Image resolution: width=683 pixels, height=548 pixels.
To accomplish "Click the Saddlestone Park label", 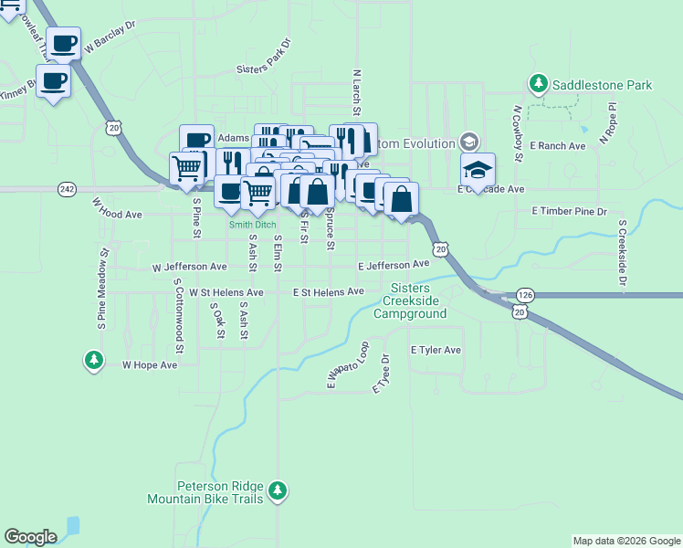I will click(602, 85).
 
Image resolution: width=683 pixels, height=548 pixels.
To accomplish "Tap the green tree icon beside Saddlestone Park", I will click(539, 85).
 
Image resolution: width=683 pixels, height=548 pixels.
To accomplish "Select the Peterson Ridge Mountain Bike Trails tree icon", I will click(278, 493).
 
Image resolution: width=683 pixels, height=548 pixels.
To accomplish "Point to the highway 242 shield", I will click(67, 188).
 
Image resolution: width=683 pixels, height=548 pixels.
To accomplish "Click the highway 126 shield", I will click(524, 295).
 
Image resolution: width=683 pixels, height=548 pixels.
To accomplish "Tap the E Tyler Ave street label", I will click(436, 350).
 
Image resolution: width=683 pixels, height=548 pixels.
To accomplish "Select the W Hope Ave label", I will click(150, 364).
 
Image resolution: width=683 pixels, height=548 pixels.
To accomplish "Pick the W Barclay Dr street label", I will click(109, 36).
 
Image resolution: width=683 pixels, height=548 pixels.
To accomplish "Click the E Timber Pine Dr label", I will click(569, 211).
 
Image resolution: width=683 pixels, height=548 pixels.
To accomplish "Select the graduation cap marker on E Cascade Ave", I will click(478, 171).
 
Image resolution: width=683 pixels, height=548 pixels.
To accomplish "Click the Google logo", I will click(30, 537).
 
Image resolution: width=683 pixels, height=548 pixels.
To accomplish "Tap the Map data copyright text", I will click(626, 541).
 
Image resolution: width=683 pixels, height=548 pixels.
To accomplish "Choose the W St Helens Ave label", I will click(226, 292).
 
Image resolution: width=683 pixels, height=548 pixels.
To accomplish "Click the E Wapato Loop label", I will click(348, 365).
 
